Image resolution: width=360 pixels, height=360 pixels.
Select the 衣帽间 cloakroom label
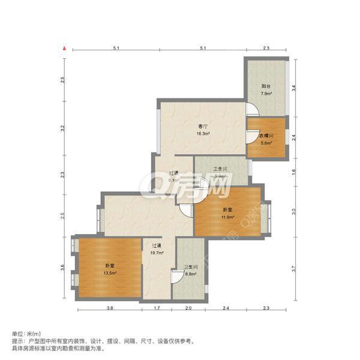266,136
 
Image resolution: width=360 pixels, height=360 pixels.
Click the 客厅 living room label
203,127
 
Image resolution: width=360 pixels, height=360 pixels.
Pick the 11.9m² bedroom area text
227,217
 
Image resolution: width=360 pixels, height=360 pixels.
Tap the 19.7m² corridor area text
157,253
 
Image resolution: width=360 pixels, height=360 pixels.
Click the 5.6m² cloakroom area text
266,143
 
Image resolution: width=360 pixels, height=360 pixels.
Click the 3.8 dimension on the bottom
110,308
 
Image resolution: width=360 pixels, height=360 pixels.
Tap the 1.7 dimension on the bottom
157,308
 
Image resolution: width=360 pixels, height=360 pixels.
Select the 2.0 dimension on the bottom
188,308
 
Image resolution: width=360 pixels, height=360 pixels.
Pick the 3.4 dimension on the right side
293,88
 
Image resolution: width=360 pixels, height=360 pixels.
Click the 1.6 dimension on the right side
293,172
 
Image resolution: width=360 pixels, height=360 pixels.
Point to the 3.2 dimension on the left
62,128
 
